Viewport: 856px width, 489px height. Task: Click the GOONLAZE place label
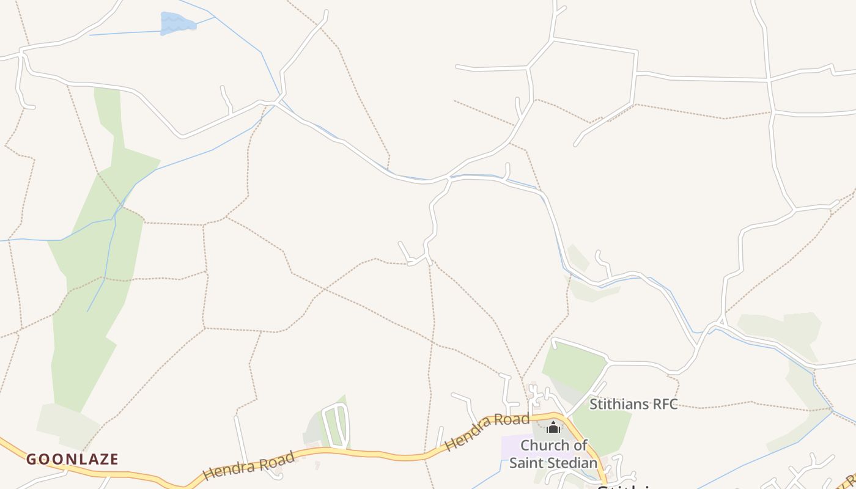[x=72, y=459]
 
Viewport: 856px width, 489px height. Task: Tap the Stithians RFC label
[x=633, y=404]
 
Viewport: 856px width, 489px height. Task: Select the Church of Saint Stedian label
[x=553, y=454]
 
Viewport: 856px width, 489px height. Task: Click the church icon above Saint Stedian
[x=553, y=427]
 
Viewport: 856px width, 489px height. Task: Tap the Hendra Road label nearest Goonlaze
[x=249, y=465]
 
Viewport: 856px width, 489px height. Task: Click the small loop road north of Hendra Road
[x=336, y=425]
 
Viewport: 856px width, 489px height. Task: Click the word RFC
[x=664, y=404]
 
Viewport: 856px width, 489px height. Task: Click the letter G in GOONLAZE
[x=30, y=459]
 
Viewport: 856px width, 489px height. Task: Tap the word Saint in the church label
[x=526, y=462]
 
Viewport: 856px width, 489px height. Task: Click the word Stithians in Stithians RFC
[x=619, y=404]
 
